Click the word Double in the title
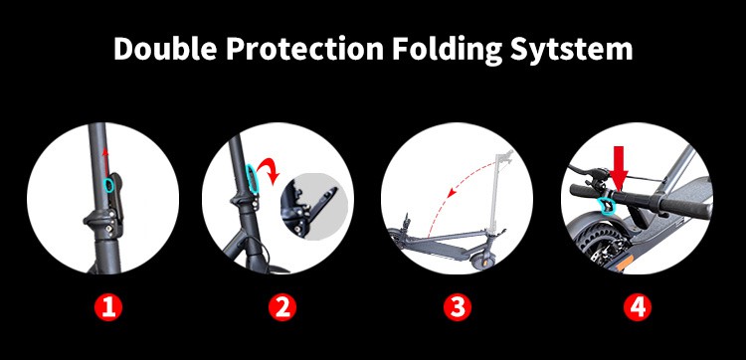coord(164,49)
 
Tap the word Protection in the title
coord(304,49)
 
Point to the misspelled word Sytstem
coord(572,50)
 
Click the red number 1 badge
coord(108,307)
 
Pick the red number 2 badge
coord(282,307)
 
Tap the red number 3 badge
coord(458,307)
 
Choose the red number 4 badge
coord(637,307)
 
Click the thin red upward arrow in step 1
coord(105,162)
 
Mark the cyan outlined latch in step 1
coord(108,185)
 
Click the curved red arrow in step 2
coord(270,169)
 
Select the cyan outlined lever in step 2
coord(252,179)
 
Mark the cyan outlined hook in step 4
coord(607,206)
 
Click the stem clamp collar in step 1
coord(102,220)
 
